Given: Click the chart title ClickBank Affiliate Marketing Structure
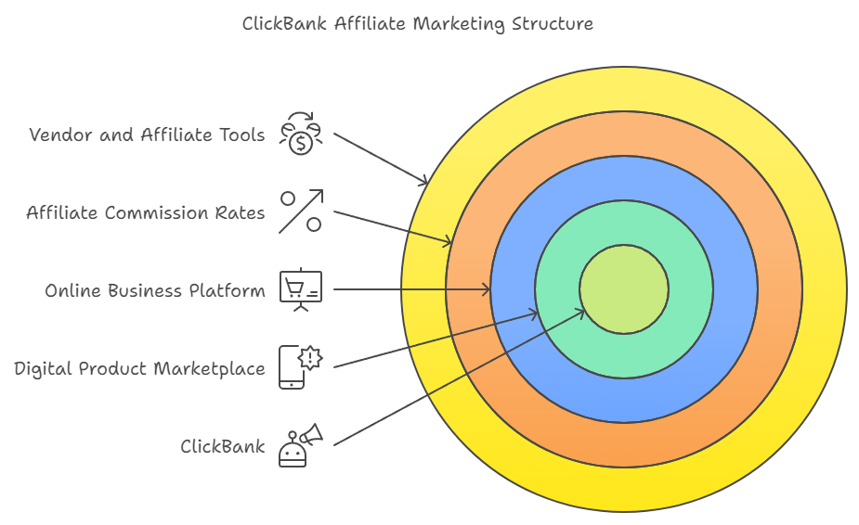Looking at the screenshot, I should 417,24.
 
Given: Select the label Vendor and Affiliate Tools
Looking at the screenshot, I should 147,135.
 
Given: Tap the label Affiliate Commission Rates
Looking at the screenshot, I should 145,213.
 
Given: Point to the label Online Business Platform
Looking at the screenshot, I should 154,291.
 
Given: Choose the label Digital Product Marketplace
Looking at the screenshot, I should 139,369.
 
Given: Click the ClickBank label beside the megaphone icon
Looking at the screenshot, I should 222,447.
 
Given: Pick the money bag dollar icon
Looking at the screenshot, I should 301,134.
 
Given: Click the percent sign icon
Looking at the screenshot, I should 301,211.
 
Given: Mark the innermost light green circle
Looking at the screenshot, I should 624,289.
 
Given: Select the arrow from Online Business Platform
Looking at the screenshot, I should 409,290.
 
